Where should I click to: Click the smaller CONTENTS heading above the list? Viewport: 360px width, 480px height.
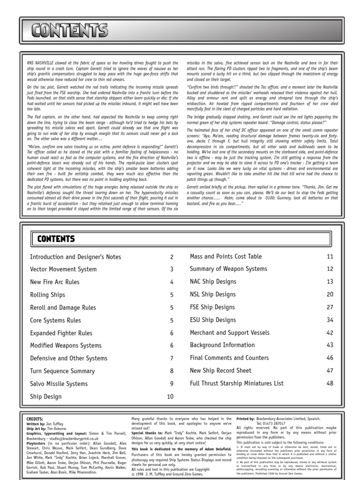pyautogui.click(x=56, y=239)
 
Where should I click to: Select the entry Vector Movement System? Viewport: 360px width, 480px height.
pyautogui.click(x=63, y=270)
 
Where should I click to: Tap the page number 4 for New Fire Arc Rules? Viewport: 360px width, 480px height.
pyautogui.click(x=172, y=282)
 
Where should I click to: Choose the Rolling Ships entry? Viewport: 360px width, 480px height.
pyautogui.click(x=47, y=295)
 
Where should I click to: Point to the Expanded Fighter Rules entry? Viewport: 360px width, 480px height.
pyautogui.click(x=61, y=333)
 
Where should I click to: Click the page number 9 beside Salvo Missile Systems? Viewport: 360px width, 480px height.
pyautogui.click(x=172, y=384)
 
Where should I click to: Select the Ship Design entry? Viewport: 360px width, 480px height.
pyautogui.click(x=45, y=397)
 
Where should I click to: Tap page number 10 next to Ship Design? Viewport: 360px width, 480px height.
pyautogui.click(x=170, y=397)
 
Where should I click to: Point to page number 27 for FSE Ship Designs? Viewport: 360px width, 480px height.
pyautogui.click(x=330, y=307)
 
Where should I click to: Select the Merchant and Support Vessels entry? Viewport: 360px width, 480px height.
pyautogui.click(x=230, y=333)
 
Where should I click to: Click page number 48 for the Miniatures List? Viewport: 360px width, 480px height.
pyautogui.click(x=330, y=383)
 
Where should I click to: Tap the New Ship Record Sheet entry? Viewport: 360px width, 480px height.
pyautogui.click(x=220, y=371)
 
